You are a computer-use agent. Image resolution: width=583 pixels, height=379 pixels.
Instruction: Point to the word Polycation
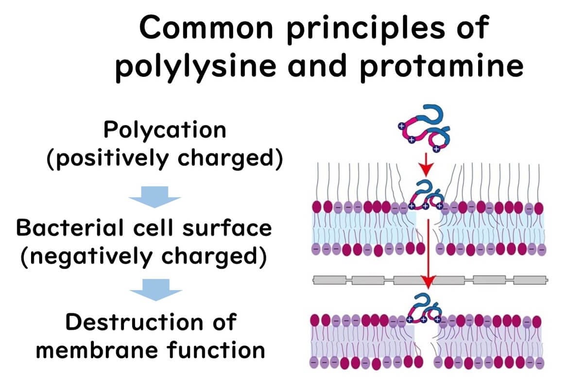tap(165, 130)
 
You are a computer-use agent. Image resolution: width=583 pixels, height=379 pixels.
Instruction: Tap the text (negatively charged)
tap(143, 257)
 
